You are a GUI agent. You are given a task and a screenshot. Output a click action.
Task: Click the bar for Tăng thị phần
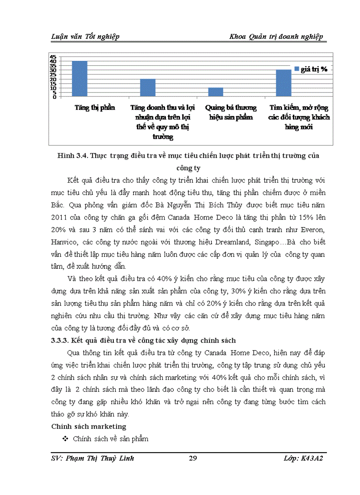click(79, 79)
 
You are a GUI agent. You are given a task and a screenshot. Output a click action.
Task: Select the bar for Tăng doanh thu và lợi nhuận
click(148, 88)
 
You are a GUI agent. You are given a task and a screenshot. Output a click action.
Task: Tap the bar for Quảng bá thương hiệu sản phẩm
click(216, 92)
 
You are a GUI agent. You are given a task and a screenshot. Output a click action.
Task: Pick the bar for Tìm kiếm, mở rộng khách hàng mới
click(284, 83)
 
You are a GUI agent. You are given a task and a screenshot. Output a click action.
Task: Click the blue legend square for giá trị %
click(297, 69)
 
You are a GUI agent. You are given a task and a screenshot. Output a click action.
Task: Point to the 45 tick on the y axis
click(53, 57)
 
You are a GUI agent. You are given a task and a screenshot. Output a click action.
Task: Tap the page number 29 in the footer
click(192, 458)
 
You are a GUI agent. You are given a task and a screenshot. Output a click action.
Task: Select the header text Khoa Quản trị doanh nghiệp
click(277, 36)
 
